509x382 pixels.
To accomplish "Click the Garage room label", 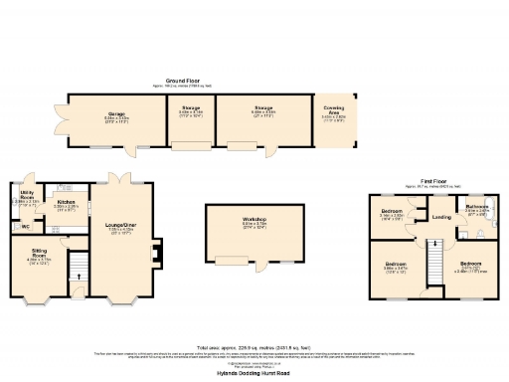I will pyautogui.click(x=116, y=115).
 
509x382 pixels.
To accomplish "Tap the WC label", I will pyautogui.click(x=26, y=228).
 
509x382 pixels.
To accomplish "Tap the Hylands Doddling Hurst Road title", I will pyautogui.click(x=254, y=372).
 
